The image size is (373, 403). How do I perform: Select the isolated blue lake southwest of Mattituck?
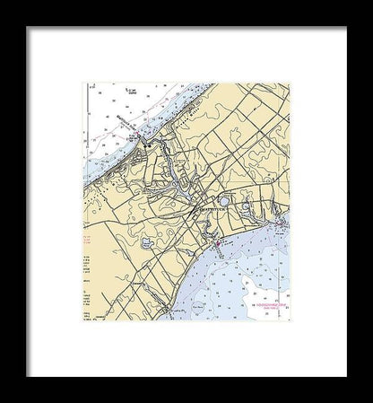(x=147, y=242)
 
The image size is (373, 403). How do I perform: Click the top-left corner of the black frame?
(x=27, y=28)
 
